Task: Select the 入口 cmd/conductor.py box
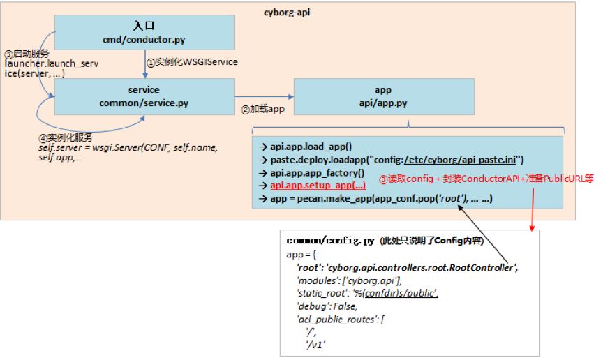pos(144,31)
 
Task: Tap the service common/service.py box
pos(144,96)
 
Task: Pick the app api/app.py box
pos(383,96)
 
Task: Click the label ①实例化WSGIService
pos(191,62)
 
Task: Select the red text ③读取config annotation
pos(486,179)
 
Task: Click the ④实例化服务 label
pos(66,137)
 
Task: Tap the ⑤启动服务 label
pos(27,53)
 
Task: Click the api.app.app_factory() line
pos(318,173)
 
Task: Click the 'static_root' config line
pos(367,293)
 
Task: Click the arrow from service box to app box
pos(264,96)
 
